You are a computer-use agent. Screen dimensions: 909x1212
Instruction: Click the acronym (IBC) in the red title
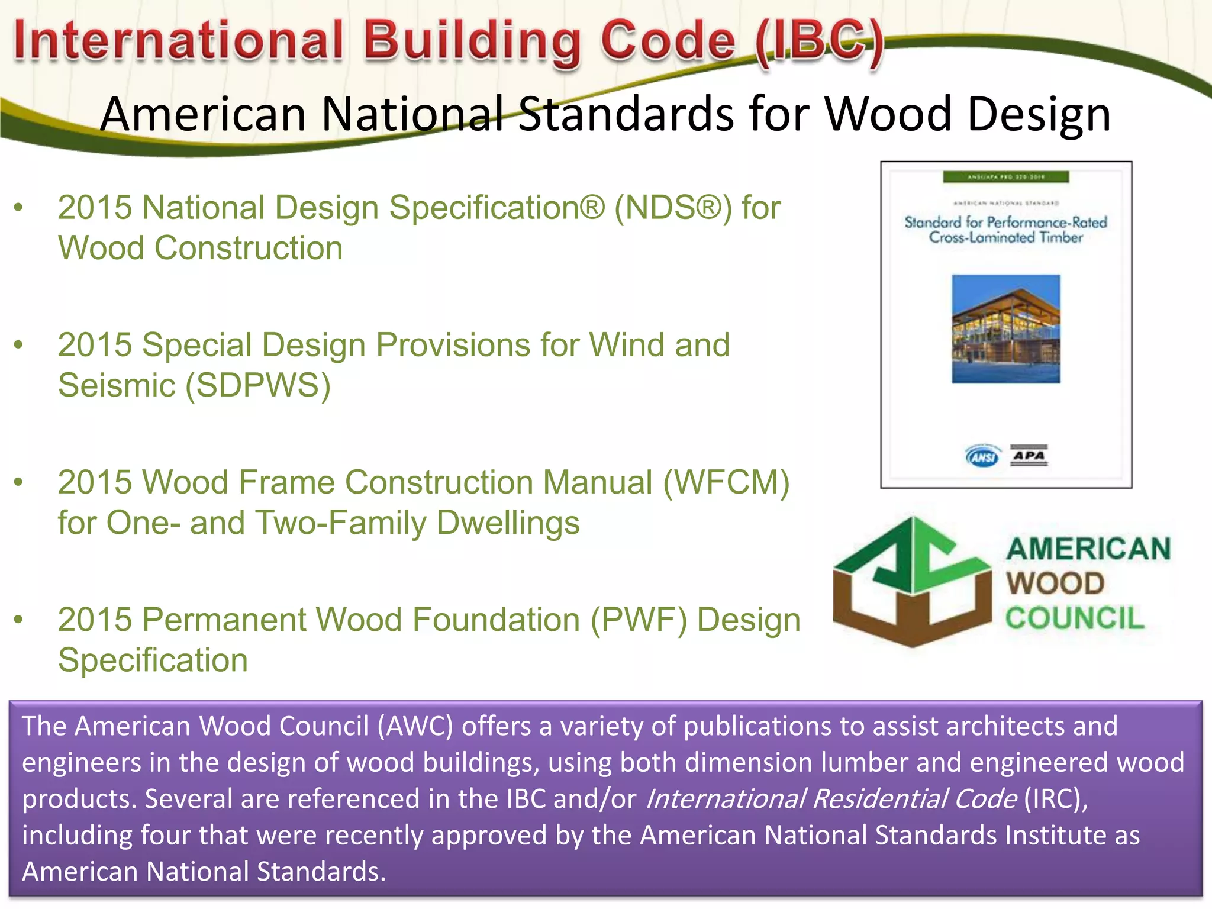point(820,41)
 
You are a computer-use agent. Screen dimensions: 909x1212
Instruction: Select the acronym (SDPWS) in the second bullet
point(258,386)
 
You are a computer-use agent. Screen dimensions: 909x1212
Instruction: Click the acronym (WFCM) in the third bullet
point(726,482)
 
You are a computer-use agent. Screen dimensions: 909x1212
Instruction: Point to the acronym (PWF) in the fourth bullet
point(639,620)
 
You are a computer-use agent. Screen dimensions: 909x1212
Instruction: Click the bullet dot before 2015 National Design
point(19,208)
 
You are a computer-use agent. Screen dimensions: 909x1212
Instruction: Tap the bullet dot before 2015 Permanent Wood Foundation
point(19,620)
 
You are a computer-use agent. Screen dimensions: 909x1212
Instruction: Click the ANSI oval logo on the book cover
point(982,456)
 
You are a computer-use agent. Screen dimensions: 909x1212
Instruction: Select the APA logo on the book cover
point(1029,455)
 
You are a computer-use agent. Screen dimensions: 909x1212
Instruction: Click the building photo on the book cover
point(1005,329)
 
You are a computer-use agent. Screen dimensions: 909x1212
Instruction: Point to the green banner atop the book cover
point(1005,177)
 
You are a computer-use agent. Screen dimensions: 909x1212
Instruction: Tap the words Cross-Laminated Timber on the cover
point(1005,238)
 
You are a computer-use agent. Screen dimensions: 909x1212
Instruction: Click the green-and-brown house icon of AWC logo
point(911,583)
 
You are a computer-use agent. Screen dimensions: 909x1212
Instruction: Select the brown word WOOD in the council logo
point(1055,584)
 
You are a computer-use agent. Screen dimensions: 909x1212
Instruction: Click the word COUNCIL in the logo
point(1075,618)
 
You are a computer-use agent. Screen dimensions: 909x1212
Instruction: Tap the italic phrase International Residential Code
point(831,799)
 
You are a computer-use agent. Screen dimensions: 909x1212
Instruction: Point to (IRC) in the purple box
point(1056,799)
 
